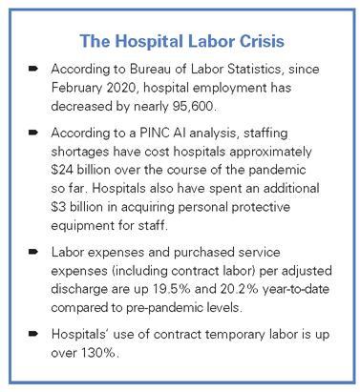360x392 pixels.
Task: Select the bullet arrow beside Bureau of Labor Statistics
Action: (32, 71)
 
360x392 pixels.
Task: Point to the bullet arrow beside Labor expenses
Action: (32, 250)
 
